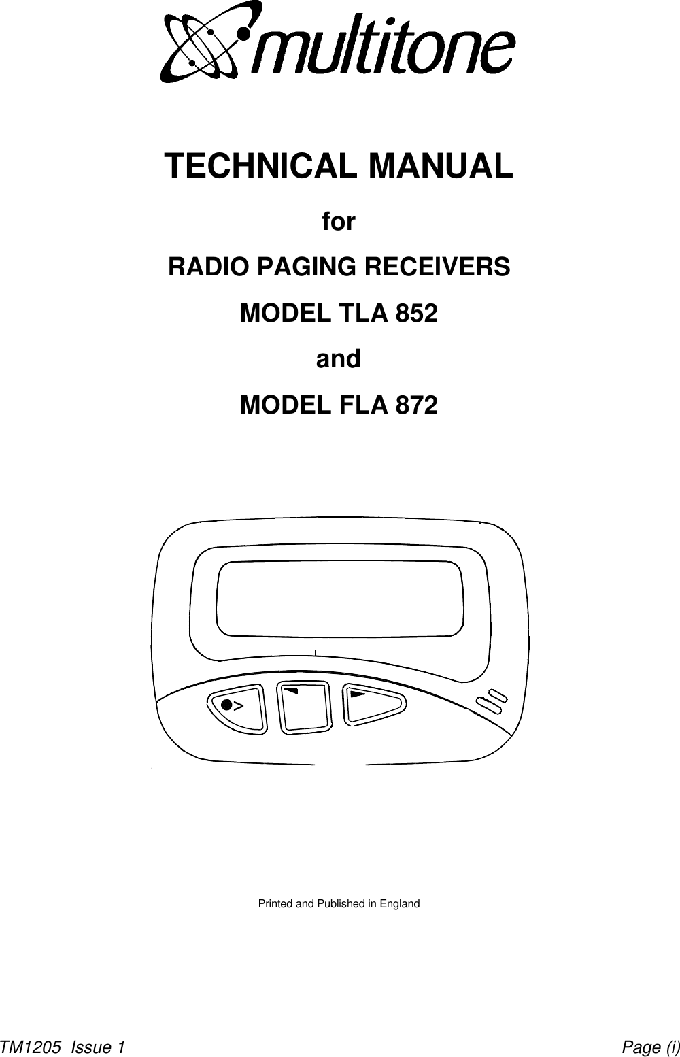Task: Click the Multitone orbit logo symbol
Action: coord(202,43)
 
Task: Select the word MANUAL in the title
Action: coord(439,166)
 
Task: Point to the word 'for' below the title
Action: coord(338,222)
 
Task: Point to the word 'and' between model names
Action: coord(338,359)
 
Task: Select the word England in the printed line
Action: coord(399,904)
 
